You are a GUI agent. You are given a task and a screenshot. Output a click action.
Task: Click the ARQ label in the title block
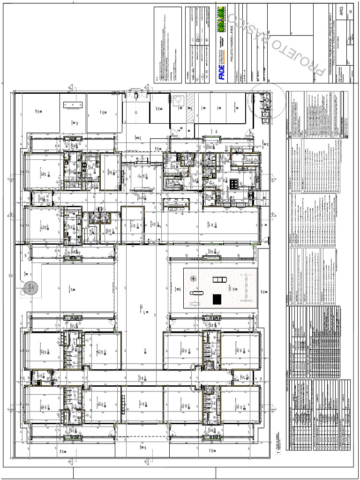tap(342, 13)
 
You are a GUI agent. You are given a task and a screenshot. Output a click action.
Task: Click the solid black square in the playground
tap(217, 299)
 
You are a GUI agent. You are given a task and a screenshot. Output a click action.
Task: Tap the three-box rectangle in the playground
tap(219, 280)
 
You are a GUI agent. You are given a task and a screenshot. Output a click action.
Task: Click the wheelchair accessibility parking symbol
tap(178, 100)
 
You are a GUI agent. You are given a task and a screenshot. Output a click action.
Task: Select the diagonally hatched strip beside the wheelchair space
tap(190, 107)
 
